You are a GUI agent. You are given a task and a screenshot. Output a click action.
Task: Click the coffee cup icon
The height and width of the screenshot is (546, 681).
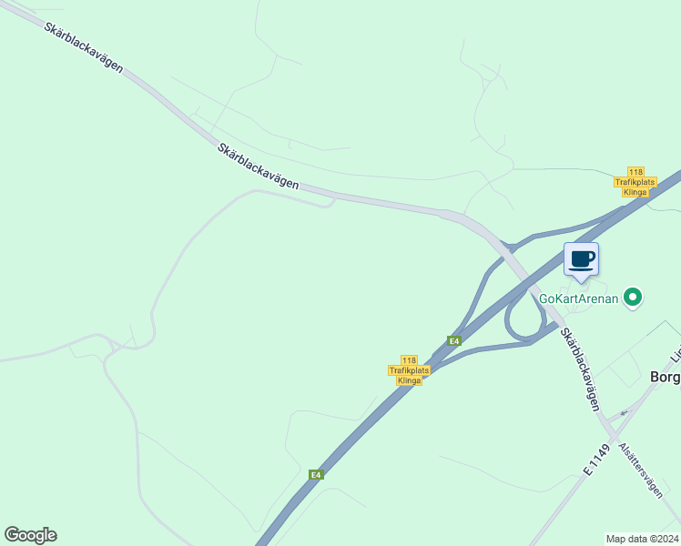(581, 259)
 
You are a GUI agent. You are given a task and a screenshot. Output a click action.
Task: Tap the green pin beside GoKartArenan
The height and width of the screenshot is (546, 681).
(635, 297)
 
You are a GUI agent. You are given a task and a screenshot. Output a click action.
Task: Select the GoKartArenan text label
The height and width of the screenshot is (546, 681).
(578, 298)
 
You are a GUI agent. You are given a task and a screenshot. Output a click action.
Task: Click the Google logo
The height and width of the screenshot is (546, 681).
(30, 535)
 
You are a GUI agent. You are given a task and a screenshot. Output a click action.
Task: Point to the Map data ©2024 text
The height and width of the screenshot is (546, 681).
(643, 539)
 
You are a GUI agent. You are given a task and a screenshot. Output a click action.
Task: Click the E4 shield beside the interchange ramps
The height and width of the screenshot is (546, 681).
(453, 341)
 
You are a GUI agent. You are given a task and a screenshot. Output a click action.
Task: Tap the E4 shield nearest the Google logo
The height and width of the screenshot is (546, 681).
(315, 475)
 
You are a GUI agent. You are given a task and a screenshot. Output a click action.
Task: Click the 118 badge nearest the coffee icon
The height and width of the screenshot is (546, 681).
(635, 172)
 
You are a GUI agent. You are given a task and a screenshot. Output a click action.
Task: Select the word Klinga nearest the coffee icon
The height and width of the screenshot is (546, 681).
(635, 192)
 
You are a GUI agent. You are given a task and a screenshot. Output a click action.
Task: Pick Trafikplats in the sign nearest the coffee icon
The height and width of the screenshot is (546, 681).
(635, 182)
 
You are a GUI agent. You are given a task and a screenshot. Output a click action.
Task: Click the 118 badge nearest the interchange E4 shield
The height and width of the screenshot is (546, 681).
(409, 360)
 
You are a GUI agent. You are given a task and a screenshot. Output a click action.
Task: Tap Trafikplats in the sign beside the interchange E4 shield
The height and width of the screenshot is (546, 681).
(409, 370)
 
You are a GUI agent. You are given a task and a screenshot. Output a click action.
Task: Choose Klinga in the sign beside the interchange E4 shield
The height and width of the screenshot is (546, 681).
(409, 380)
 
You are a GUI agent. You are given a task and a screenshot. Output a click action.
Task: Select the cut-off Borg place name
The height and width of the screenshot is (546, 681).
(665, 378)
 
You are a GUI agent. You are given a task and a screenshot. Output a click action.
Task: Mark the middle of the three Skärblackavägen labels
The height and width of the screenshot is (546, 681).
(259, 165)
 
